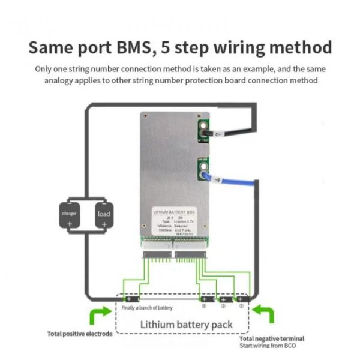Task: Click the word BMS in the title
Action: point(145,47)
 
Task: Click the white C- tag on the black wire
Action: point(219,134)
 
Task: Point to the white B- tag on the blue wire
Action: point(217,179)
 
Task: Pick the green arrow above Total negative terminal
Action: point(264,314)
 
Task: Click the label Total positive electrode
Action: point(79,334)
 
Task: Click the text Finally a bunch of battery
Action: point(147,308)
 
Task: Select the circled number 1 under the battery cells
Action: point(241,307)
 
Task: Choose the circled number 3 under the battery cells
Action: point(205,307)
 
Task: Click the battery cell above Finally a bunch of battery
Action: point(131,298)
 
